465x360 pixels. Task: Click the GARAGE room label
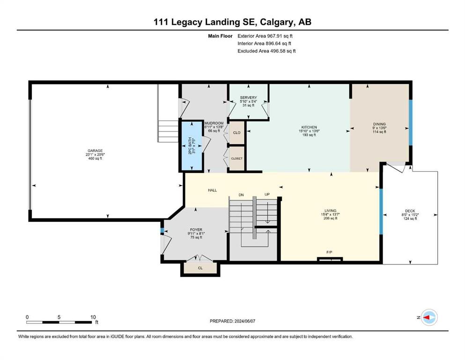tap(95, 151)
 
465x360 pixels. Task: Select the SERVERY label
tap(248, 97)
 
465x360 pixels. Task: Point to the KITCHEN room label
tap(309, 127)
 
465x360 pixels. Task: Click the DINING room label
tap(379, 124)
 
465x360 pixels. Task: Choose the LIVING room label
tap(330, 211)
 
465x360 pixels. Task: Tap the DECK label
tap(410, 211)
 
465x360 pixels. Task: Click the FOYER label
tap(196, 230)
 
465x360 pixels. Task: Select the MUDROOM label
tap(214, 123)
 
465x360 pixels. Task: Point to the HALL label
tap(212, 190)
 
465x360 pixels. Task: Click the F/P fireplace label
tap(329, 252)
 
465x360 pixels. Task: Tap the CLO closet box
tap(236, 133)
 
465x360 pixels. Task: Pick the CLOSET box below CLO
tap(236, 158)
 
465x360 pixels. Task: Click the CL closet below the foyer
tap(200, 268)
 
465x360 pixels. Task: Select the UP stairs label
tap(267, 195)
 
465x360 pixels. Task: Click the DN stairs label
tap(241, 195)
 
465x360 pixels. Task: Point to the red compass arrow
tap(427, 317)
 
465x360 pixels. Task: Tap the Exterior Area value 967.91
tap(275, 36)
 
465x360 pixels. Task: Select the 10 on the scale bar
tap(93, 317)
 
